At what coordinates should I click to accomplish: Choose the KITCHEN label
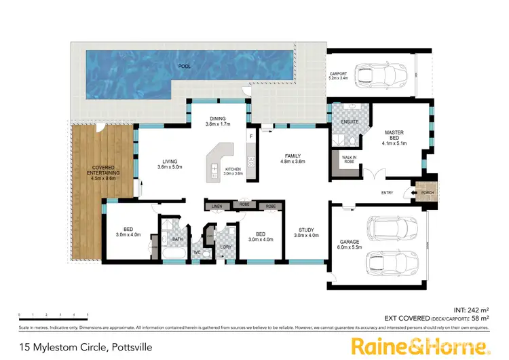click(x=233, y=169)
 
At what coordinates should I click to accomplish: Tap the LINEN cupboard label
click(x=217, y=206)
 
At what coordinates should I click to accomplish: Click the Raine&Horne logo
click(x=420, y=346)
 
